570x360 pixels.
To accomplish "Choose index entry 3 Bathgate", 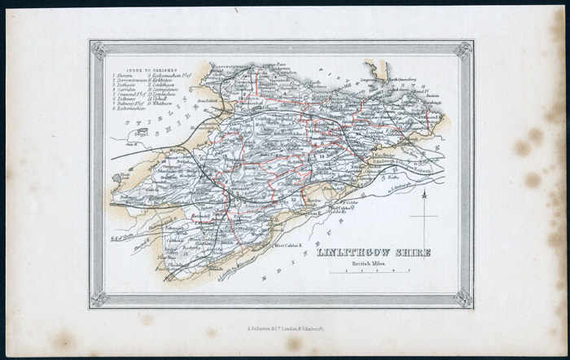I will coord(125,86).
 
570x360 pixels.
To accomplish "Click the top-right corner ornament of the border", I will coord(464,49).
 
